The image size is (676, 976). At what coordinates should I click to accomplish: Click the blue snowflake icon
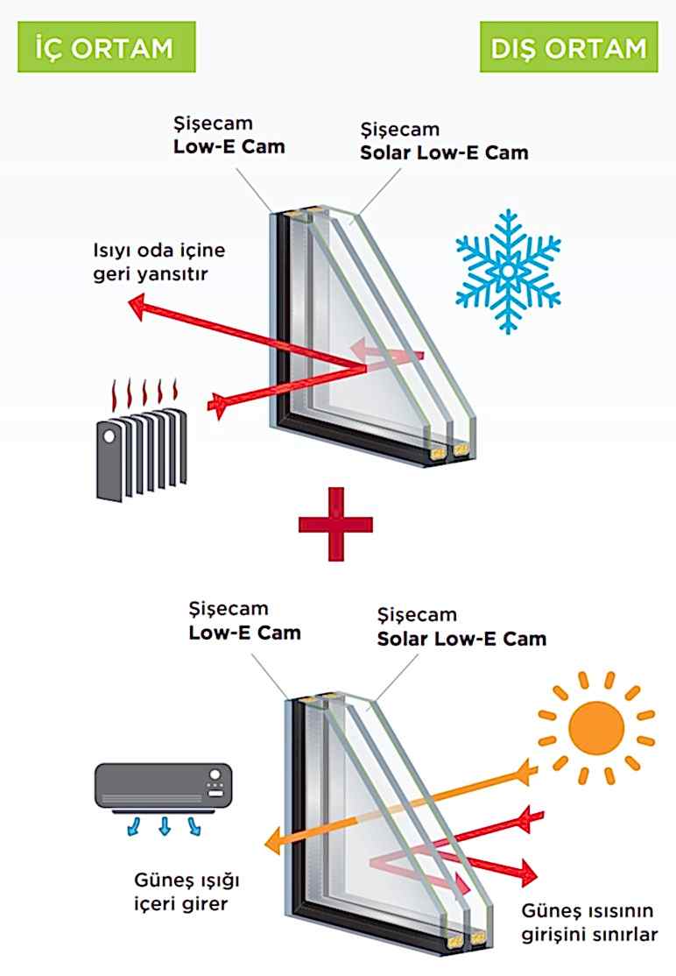(x=508, y=271)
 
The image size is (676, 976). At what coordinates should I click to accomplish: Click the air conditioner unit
(x=163, y=783)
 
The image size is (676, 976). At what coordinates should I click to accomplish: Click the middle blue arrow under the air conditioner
(x=163, y=826)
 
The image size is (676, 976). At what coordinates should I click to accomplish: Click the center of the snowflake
(x=508, y=271)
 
